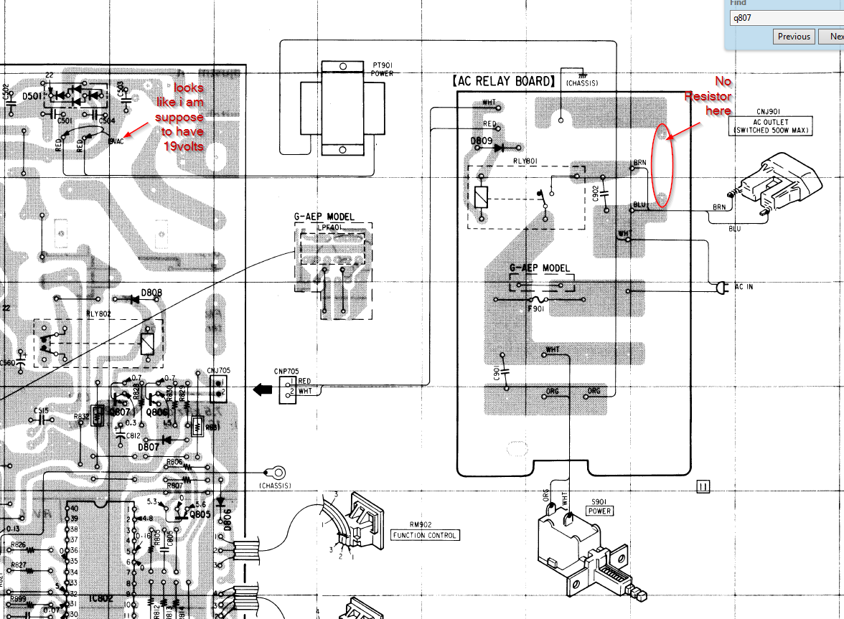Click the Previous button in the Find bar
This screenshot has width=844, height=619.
[794, 37]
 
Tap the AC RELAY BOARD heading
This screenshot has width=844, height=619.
[504, 81]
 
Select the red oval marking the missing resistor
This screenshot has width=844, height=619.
[664, 166]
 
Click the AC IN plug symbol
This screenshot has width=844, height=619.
[720, 288]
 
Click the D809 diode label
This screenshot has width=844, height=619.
[482, 141]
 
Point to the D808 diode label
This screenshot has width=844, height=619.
[152, 293]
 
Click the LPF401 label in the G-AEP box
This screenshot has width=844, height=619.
[333, 227]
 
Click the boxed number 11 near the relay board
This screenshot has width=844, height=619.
[703, 488]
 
